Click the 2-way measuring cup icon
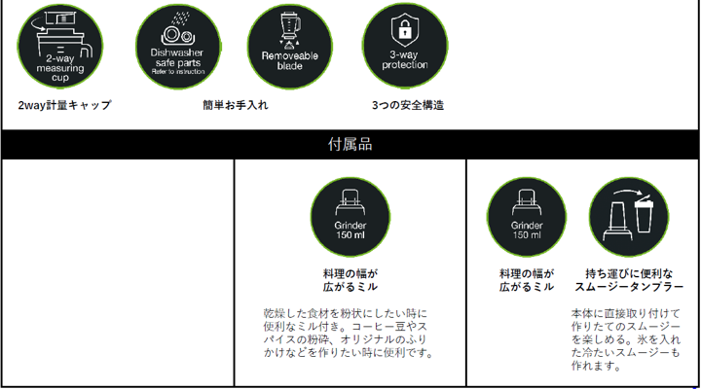tap(60, 46)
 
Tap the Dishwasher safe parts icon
tap(176, 46)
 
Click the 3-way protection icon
tap(404, 46)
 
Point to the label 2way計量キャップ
tap(64, 105)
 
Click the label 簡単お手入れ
tap(236, 105)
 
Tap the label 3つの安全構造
tap(408, 105)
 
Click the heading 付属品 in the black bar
tap(350, 144)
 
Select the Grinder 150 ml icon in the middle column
tap(350, 215)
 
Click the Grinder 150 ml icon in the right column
tap(527, 215)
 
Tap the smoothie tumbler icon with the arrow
tap(628, 215)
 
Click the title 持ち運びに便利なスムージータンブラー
tap(628, 280)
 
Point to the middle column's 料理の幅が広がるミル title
tap(350, 280)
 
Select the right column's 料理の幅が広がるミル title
tap(527, 280)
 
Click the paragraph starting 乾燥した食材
tap(348, 334)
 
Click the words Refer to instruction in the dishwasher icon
tap(176, 69)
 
